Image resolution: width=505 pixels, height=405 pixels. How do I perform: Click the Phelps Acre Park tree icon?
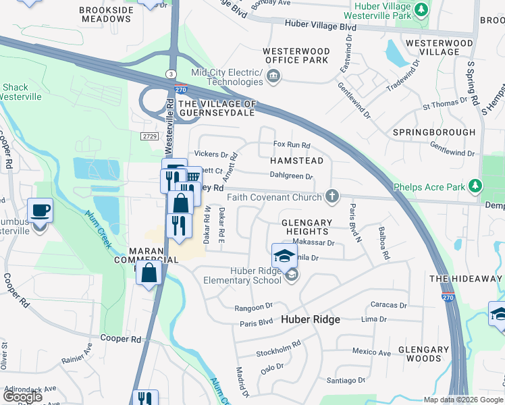click(x=475, y=186)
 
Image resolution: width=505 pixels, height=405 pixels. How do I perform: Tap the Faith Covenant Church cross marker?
click(x=331, y=197)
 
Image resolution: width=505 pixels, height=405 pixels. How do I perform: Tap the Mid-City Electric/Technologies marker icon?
click(x=273, y=77)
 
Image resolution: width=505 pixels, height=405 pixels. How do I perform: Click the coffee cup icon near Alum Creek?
click(x=40, y=211)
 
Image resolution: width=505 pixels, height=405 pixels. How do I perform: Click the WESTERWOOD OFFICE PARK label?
click(x=296, y=55)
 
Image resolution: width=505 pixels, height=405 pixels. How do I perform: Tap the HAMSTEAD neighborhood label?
click(x=296, y=161)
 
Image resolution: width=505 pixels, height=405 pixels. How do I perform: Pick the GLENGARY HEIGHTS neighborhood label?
click(x=307, y=227)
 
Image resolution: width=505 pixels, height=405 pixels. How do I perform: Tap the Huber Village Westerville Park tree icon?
click(x=421, y=9)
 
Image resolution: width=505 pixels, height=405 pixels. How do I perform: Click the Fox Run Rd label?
click(x=291, y=144)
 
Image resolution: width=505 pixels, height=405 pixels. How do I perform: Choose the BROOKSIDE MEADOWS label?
click(x=105, y=14)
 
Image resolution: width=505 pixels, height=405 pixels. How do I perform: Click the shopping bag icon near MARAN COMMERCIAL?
click(x=149, y=273)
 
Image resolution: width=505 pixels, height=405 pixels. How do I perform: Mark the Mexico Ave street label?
click(x=371, y=352)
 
